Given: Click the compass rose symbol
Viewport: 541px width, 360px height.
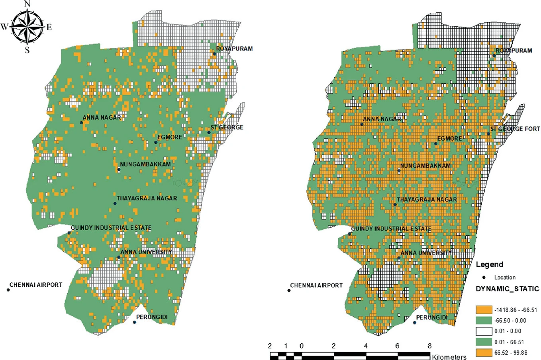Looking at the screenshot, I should pos(27,27).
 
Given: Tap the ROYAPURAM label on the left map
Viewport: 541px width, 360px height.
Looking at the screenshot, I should pos(234,49).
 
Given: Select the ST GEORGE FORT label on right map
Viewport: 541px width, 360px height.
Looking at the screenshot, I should pos(514,129).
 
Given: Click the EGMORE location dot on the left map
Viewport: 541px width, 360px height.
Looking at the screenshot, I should pos(156,142).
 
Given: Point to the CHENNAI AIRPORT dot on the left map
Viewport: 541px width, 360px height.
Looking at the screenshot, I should pos(8,290).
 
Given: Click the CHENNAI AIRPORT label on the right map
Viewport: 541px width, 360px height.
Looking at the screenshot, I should pos(316,285).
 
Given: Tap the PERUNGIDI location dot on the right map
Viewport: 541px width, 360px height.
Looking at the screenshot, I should pos(414,323).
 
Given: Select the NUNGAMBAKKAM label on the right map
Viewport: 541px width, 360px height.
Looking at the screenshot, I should pos(425,166).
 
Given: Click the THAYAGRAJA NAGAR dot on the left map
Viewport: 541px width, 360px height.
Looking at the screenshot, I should pos(115,203).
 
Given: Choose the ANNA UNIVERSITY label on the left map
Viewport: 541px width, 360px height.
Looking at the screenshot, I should pos(146,252).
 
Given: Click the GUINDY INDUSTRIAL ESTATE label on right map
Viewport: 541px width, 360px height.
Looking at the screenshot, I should pos(390,229).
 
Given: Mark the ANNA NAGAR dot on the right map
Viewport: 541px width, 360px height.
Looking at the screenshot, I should pos(362,124).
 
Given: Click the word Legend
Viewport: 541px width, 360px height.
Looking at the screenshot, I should pos(489,264).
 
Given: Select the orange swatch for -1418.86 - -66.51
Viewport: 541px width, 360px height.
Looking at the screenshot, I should pos(484,309).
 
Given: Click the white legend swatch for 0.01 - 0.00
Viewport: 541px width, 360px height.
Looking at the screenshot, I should pos(484,331).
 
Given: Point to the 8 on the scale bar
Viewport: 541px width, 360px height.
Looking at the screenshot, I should pos(429,346).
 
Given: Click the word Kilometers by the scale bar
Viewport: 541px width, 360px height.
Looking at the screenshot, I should pos(449,357).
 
